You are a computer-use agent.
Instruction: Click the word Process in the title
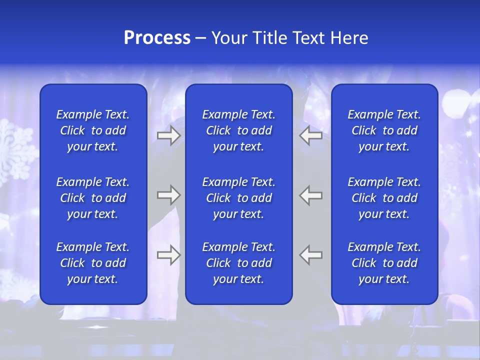pyautogui.click(x=157, y=38)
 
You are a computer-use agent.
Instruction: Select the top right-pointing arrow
pyautogui.click(x=168, y=135)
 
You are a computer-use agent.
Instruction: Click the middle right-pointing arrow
pyautogui.click(x=168, y=195)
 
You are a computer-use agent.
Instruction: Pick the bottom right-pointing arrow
pyautogui.click(x=168, y=254)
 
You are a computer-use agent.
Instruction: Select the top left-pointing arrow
pyautogui.click(x=311, y=135)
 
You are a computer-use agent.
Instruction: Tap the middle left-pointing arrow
pyautogui.click(x=311, y=195)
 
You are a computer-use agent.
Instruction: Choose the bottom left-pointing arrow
pyautogui.click(x=311, y=254)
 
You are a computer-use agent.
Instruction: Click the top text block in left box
pyautogui.click(x=93, y=130)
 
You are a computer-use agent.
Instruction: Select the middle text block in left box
pyautogui.click(x=93, y=198)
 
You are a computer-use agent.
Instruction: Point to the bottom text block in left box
pyautogui.click(x=93, y=263)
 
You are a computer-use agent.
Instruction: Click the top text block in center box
pyautogui.click(x=238, y=130)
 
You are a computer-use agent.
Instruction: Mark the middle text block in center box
pyautogui.click(x=238, y=198)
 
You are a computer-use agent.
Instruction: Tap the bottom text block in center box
pyautogui.click(x=238, y=263)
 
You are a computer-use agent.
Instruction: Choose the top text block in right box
pyautogui.click(x=384, y=130)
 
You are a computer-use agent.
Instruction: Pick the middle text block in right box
pyautogui.click(x=384, y=198)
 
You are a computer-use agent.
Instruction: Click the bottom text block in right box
pyautogui.click(x=384, y=263)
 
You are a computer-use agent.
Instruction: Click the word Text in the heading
pyautogui.click(x=309, y=38)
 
